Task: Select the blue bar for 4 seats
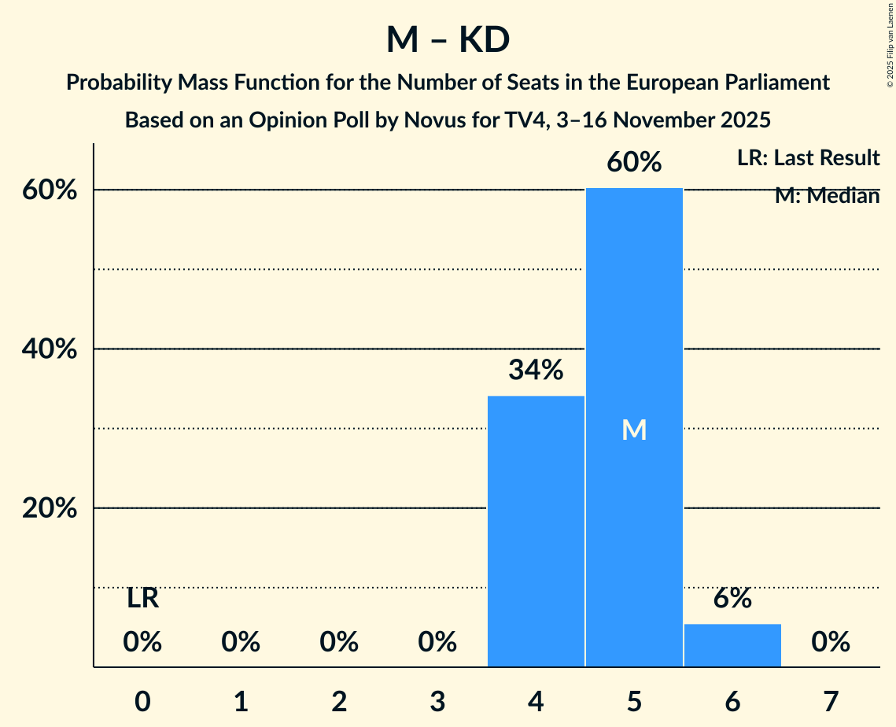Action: click(x=536, y=531)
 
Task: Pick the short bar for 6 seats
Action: click(x=732, y=645)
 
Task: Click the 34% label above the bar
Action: click(x=536, y=370)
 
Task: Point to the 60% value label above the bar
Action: click(x=634, y=163)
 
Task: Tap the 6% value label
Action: click(x=732, y=599)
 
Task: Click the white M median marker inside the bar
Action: click(x=634, y=430)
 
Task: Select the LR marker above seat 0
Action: click(x=142, y=600)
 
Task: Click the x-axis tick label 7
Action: click(x=831, y=701)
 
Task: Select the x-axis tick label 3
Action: click(x=437, y=701)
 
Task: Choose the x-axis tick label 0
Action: click(x=142, y=701)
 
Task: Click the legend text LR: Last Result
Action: click(x=808, y=158)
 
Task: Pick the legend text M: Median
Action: click(x=827, y=196)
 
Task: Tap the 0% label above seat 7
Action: click(x=831, y=643)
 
